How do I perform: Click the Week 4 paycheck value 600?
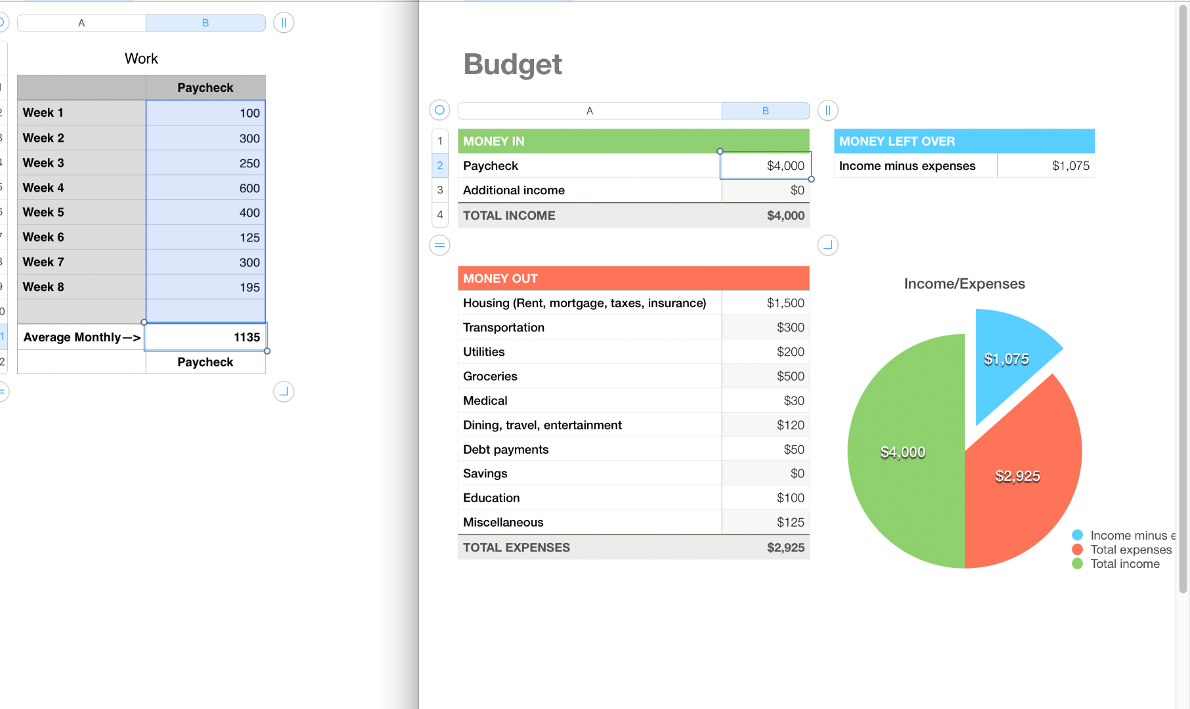(249, 188)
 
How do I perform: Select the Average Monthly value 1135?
(246, 337)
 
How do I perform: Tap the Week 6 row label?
(43, 238)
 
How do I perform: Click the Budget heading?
(512, 64)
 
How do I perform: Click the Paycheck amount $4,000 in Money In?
(785, 166)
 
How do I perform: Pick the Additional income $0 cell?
(797, 190)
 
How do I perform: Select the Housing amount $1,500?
(785, 303)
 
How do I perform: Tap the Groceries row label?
(490, 377)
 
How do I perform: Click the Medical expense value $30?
(793, 401)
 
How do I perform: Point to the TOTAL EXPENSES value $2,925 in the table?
(785, 548)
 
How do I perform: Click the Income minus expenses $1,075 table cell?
(1070, 166)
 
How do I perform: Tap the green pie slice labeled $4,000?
(902, 452)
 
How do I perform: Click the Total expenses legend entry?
(1130, 550)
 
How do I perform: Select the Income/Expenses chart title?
(964, 284)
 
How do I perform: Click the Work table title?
(141, 59)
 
